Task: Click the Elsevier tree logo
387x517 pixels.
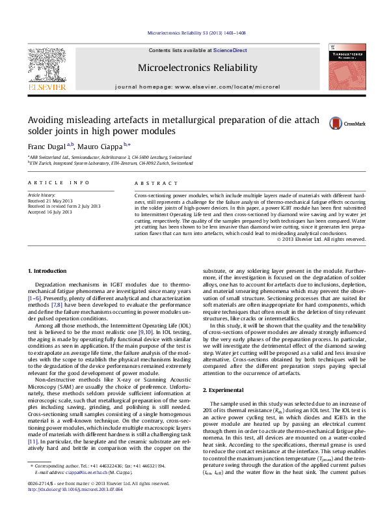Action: coord(46,65)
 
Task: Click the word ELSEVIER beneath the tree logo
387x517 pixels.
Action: coord(46,86)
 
